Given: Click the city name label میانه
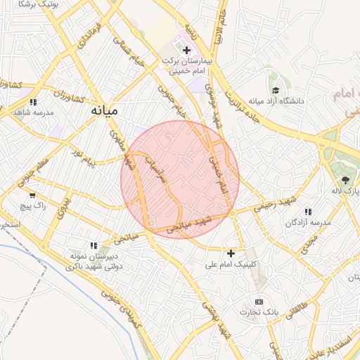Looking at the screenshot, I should (x=104, y=110).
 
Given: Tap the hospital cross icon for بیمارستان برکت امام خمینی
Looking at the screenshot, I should (x=186, y=50).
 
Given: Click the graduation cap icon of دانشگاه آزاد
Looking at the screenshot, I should (x=276, y=90).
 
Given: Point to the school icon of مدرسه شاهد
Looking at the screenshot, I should (x=32, y=102).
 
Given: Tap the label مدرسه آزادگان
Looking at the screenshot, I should (x=308, y=221).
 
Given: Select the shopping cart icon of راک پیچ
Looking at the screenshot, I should (x=32, y=194).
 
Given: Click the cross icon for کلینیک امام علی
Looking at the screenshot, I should (x=231, y=252).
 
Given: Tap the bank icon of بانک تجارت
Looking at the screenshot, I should (x=259, y=301).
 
